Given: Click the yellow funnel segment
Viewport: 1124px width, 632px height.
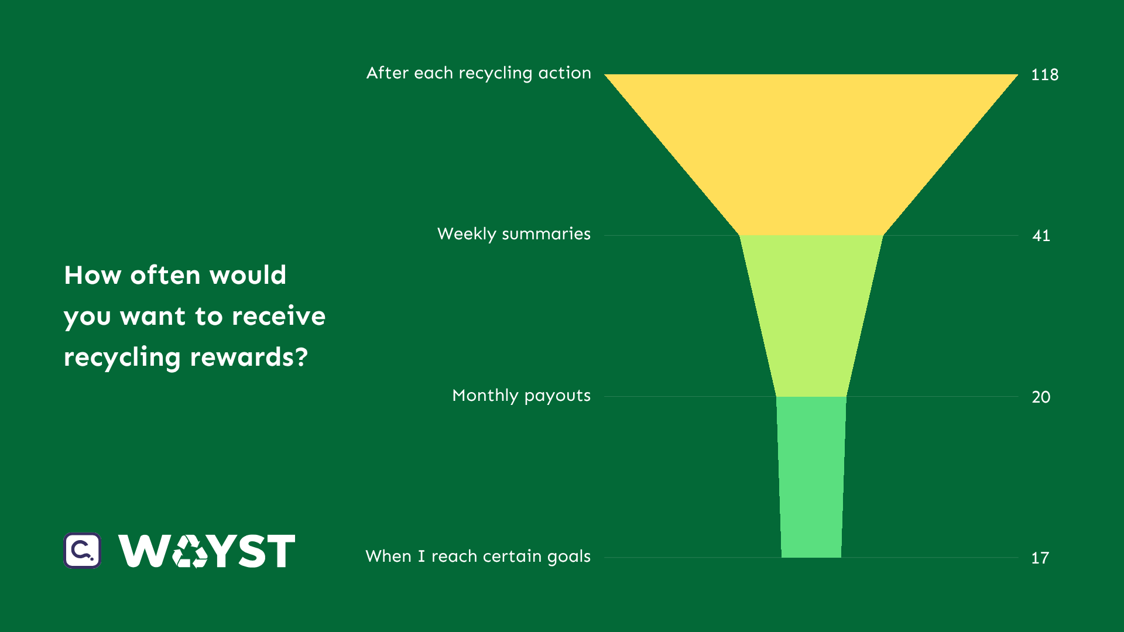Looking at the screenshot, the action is [811, 154].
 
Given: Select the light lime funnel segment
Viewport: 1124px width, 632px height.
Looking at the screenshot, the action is [811, 316].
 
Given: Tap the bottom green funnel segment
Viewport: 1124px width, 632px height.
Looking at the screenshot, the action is [811, 477].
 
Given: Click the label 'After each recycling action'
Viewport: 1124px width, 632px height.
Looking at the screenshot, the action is [479, 73].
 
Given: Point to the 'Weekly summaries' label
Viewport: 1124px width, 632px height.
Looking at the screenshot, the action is [514, 234].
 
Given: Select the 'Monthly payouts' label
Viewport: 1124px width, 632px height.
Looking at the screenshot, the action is [522, 396].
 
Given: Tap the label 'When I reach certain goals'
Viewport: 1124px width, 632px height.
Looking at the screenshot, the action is [478, 557].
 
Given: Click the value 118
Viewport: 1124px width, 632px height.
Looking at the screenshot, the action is [1045, 75].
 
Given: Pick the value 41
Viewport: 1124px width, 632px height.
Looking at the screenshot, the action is [1041, 236].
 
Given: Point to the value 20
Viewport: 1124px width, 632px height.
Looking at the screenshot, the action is [1041, 397].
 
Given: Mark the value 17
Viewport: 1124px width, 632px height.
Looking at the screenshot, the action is [1040, 558].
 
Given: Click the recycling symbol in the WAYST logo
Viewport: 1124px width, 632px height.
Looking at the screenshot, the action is [190, 551].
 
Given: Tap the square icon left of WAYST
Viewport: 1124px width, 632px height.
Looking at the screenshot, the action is [83, 551].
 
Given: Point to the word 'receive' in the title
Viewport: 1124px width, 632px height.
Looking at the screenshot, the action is [279, 316].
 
